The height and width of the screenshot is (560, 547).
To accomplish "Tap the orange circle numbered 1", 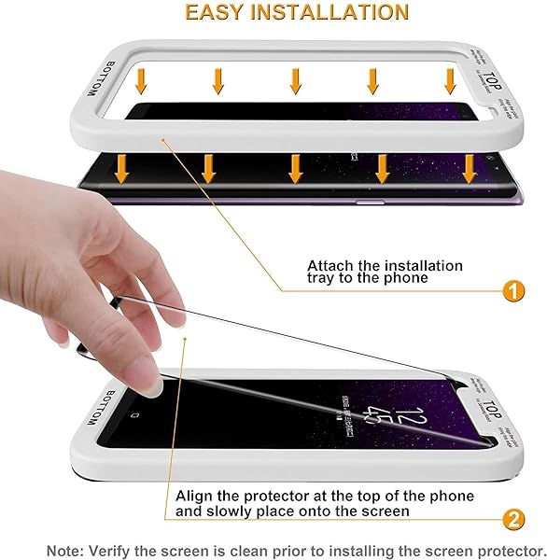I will tap(512, 290).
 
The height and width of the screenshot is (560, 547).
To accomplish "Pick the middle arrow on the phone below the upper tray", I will tap(295, 169).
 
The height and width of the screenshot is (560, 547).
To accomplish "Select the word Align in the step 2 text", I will tap(197, 496).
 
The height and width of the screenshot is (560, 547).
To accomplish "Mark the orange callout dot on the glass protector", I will tap(187, 339).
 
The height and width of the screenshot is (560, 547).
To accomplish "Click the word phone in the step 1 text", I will tap(405, 278).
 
